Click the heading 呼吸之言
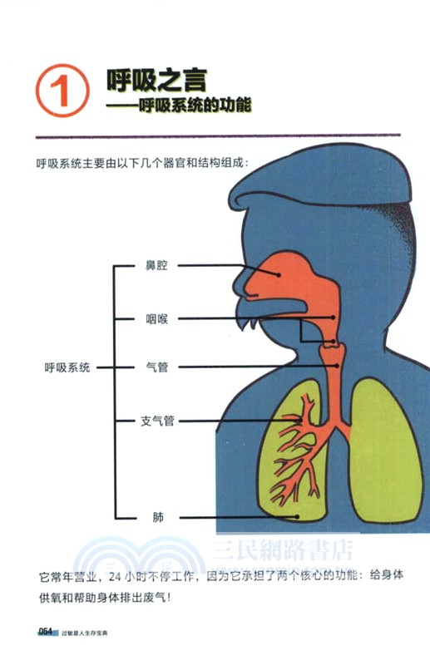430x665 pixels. tap(156, 81)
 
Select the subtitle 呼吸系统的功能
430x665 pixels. tap(195, 106)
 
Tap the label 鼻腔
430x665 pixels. tap(156, 266)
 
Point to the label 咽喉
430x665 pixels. tap(156, 317)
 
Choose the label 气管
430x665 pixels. tap(156, 367)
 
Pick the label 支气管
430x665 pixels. tap(156, 421)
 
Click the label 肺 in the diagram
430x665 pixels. tap(157, 516)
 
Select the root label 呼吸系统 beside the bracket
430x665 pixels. tap(68, 367)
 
